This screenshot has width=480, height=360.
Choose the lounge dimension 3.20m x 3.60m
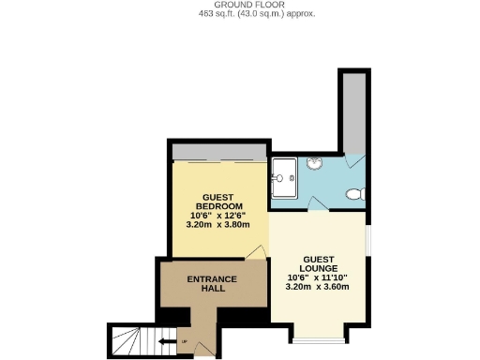[x=317, y=287]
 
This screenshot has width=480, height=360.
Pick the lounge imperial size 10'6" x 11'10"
[x=317, y=277]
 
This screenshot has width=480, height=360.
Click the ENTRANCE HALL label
[x=212, y=284]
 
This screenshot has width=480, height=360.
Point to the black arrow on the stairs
[x=169, y=341]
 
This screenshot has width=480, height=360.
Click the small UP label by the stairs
[x=184, y=341]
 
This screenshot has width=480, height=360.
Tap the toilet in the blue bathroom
[x=354, y=195]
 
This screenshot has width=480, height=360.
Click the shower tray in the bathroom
[x=283, y=175]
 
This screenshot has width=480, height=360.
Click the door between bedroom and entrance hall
[x=253, y=251]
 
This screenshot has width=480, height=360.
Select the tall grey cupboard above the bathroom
[x=354, y=112]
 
